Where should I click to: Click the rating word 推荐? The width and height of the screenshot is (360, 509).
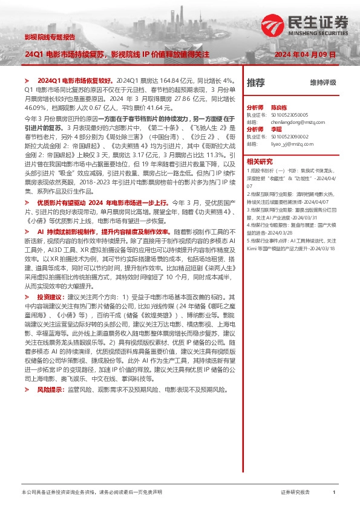click(256, 82)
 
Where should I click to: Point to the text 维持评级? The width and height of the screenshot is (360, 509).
click(323, 82)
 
